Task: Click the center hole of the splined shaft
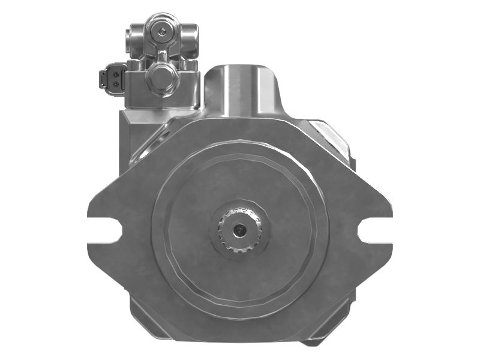[241, 229]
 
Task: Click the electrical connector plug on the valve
[112, 79]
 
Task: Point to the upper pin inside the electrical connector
[111, 74]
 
